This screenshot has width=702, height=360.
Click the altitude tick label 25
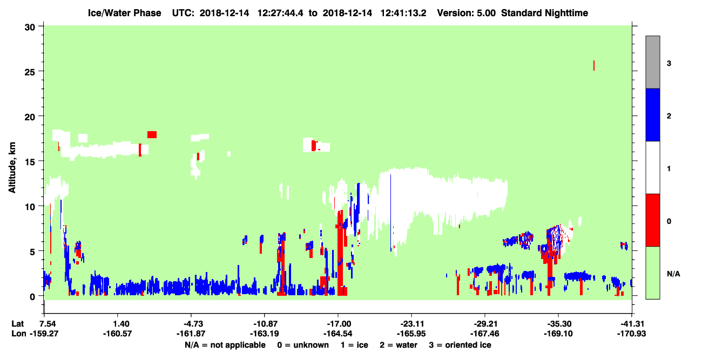pyautogui.click(x=30, y=72)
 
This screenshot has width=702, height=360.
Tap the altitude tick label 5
pyautogui.click(x=32, y=252)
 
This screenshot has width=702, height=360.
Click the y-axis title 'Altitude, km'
pyautogui.click(x=12, y=168)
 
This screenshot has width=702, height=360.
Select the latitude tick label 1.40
pyautogui.click(x=121, y=324)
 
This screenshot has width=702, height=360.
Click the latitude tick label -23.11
pyautogui.click(x=412, y=324)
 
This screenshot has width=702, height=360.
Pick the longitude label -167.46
pyautogui.click(x=484, y=334)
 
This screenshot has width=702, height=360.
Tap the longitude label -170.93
pyautogui.click(x=631, y=334)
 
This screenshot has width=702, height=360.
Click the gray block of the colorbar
pyautogui.click(x=653, y=62)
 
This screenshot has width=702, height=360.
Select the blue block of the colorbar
pyautogui.click(x=653, y=114)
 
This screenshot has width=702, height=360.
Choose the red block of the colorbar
pyautogui.click(x=653, y=220)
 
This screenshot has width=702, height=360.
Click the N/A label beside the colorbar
pyautogui.click(x=673, y=274)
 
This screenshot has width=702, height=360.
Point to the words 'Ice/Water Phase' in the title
pyautogui.click(x=124, y=13)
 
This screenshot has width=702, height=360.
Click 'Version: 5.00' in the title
pyautogui.click(x=467, y=13)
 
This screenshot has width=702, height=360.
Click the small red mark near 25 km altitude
pyautogui.click(x=594, y=65)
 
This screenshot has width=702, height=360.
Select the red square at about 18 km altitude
pyautogui.click(x=152, y=135)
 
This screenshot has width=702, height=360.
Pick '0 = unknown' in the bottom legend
pyautogui.click(x=303, y=345)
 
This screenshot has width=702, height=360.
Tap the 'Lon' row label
pyautogui.click(x=19, y=334)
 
